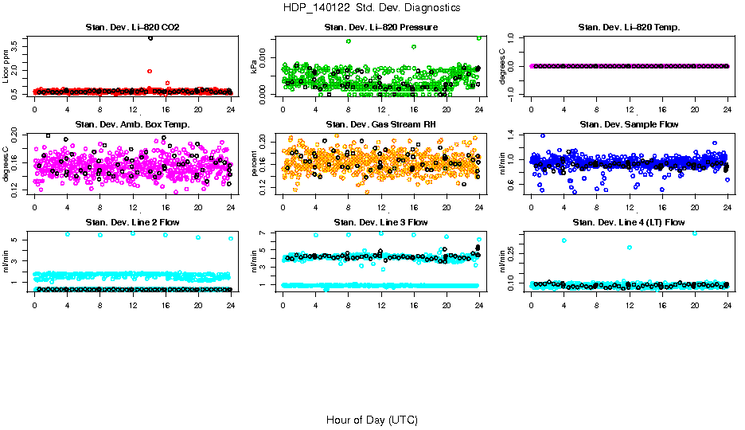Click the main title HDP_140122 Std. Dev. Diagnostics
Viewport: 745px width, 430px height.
(371, 8)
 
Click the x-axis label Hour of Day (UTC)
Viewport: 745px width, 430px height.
(372, 420)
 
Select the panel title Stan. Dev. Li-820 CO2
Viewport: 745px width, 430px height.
(132, 28)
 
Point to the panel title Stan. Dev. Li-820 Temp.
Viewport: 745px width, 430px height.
(629, 28)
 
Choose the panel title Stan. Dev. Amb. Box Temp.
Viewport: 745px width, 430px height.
(132, 124)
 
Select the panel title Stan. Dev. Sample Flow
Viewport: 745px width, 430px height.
(629, 124)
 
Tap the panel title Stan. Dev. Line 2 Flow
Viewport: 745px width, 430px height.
(132, 222)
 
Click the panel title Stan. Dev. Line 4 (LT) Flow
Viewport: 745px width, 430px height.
(629, 222)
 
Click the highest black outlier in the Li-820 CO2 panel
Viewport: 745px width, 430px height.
(150, 38)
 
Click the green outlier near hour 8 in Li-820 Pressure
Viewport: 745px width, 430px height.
(349, 41)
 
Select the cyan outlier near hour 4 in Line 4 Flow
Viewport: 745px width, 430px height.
(564, 240)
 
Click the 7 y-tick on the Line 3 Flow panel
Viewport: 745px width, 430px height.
(267, 233)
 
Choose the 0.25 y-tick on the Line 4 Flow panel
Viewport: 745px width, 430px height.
(513, 251)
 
